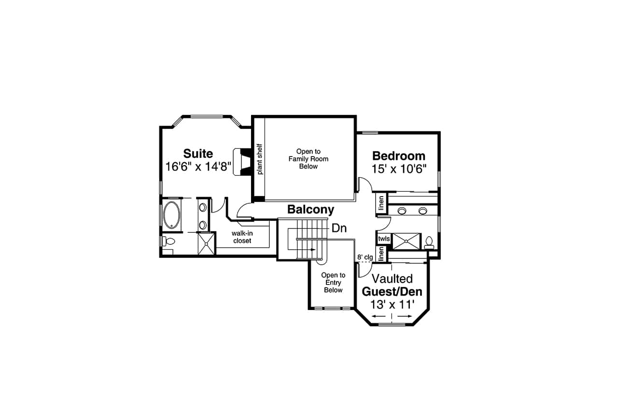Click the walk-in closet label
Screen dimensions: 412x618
click(242, 237)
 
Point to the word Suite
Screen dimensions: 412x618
click(198, 154)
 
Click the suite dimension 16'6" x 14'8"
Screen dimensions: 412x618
click(198, 167)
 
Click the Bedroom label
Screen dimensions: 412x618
click(399, 156)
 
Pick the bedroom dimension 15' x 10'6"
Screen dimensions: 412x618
click(399, 169)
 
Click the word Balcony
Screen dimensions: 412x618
click(310, 210)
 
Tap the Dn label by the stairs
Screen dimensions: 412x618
click(339, 228)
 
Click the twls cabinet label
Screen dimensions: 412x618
click(384, 239)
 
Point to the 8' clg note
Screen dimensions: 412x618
click(365, 257)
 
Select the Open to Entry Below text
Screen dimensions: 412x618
click(333, 283)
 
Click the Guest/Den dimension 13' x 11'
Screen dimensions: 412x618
click(392, 305)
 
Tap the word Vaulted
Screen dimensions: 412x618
click(392, 279)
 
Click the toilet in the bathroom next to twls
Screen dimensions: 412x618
click(428, 242)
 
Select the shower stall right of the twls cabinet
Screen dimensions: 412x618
click(407, 240)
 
